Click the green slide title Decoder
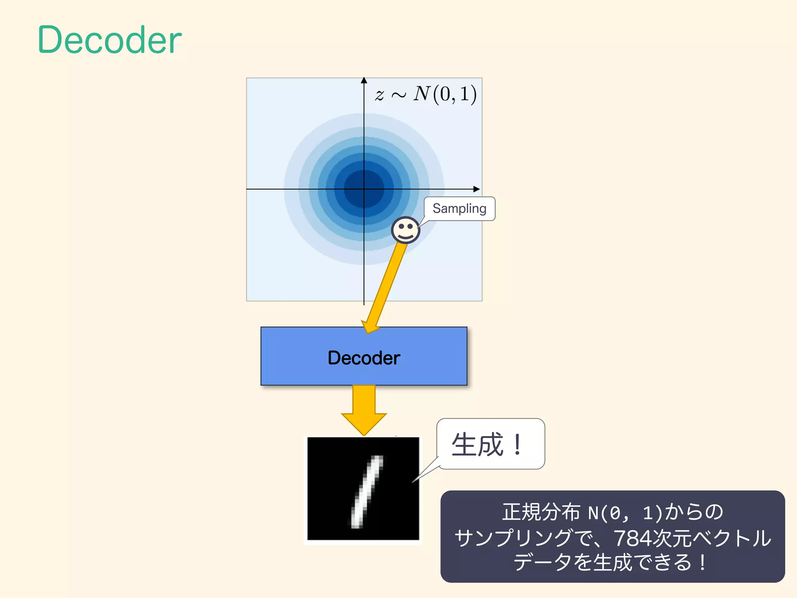(x=109, y=40)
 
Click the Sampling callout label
(x=459, y=209)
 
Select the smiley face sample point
(x=406, y=230)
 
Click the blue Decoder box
(x=363, y=356)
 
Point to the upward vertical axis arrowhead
(x=364, y=80)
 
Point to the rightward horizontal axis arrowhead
(x=477, y=189)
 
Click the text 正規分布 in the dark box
(x=541, y=512)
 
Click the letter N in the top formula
(x=422, y=93)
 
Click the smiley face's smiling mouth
(x=406, y=235)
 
